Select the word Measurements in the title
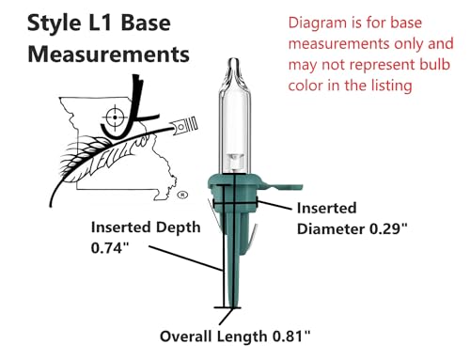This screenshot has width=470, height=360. point(108,55)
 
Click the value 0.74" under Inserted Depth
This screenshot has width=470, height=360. point(110,248)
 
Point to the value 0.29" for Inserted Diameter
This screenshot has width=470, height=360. point(389,228)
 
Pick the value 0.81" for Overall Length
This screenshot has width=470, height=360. point(291,337)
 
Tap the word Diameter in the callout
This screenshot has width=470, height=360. point(331,229)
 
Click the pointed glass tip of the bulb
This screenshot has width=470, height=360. point(234,62)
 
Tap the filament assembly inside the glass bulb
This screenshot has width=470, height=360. point(234,162)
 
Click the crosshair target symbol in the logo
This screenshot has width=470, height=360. point(115,117)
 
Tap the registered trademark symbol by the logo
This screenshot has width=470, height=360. point(182,195)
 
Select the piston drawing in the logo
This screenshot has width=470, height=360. point(184,124)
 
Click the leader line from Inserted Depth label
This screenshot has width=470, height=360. point(185,258)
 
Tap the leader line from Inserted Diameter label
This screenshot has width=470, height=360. point(274,205)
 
